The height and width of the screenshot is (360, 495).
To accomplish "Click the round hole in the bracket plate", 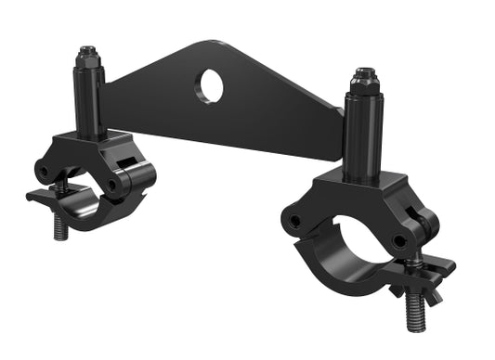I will [x=209, y=86].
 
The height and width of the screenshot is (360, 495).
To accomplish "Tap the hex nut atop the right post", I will [x=364, y=77].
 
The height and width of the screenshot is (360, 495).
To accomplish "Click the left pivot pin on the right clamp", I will [x=295, y=221].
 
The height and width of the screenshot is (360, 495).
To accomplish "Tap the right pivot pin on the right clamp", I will [x=400, y=241].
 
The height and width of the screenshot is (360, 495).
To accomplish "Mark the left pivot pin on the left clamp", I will [x=42, y=172].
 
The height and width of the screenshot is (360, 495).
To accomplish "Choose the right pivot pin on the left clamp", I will [x=113, y=184].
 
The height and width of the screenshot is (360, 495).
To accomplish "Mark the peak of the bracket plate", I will [x=209, y=44].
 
